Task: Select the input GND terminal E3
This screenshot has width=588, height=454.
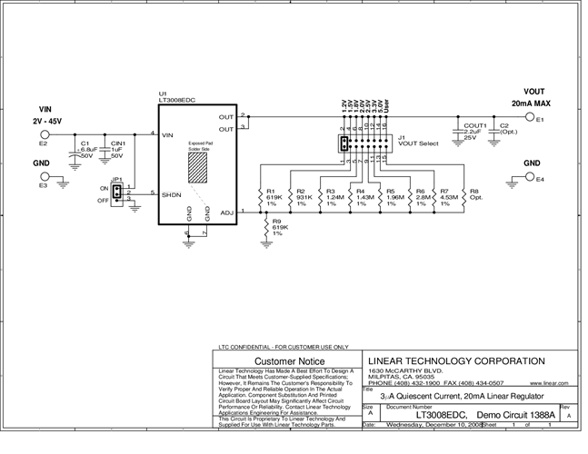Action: (43, 177)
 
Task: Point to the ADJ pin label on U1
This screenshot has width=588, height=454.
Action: (226, 212)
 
